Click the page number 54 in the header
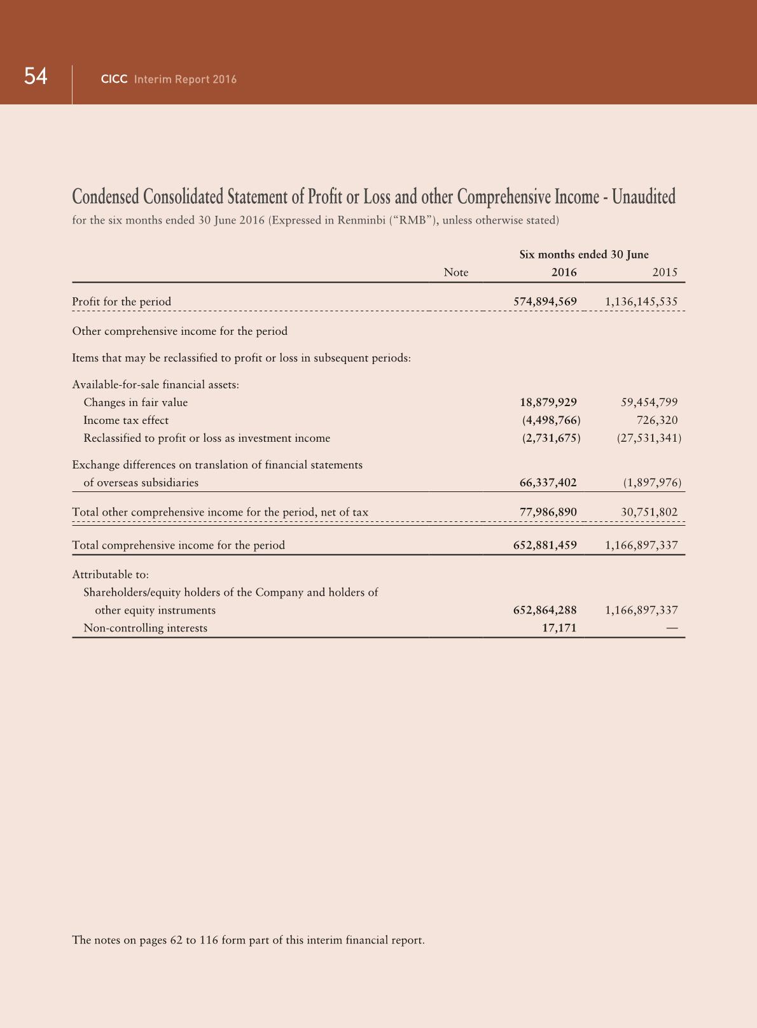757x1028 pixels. pos(36,77)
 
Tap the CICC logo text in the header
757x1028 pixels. pos(115,80)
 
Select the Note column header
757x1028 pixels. pos(455,272)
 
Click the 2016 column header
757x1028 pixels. pos(564,272)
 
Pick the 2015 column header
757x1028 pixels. pos(665,272)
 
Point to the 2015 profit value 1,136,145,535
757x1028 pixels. pos(641,302)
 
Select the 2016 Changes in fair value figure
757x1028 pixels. pos(548,402)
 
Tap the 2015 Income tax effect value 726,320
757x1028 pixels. pos(657,420)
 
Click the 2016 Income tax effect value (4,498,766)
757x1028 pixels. pos(551,420)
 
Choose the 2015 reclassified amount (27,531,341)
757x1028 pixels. pos(649,438)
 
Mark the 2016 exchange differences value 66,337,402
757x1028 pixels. pos(548,482)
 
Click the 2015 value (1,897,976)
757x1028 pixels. pos(653,482)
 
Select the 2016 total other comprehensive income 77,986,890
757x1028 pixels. pos(548,512)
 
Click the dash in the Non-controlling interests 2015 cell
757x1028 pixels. pos(672,628)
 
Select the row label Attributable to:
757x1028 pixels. pos(111,575)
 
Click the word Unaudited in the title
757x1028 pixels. pos(644,197)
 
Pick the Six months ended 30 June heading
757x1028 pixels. pos(584,255)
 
